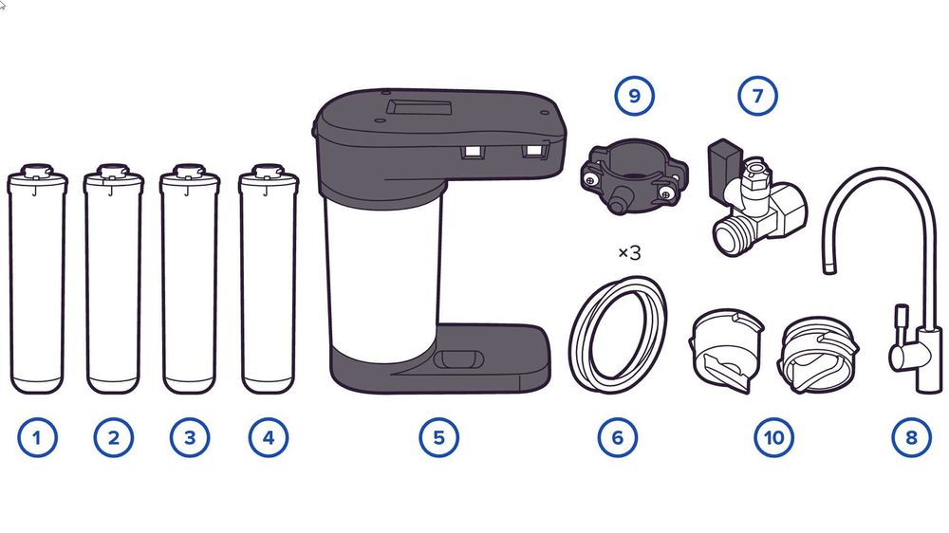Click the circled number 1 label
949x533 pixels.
[38, 437]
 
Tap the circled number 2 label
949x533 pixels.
[114, 437]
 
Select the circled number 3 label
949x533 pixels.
[190, 437]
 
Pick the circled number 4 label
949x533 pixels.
[269, 437]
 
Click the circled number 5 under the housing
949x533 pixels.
[438, 437]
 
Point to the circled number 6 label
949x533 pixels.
[618, 437]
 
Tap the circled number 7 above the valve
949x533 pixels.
[757, 96]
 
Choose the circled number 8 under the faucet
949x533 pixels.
[911, 437]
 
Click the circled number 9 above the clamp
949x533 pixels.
[634, 96]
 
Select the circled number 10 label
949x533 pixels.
[774, 437]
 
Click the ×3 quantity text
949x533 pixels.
[629, 253]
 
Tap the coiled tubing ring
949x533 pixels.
[578, 339]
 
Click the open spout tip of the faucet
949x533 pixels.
[829, 267]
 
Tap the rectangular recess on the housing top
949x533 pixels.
[420, 108]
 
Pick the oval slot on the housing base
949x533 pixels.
[458, 359]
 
